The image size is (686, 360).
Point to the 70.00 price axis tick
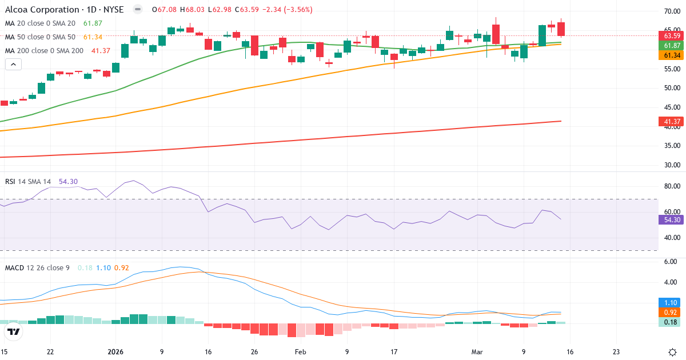point(672,11)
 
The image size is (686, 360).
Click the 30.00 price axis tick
point(672,165)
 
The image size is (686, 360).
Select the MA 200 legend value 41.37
point(101,51)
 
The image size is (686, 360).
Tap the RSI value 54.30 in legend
point(68,182)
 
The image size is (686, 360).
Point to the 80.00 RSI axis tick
point(672,186)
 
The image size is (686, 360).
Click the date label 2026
point(115,351)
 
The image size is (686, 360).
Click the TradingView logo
point(14,331)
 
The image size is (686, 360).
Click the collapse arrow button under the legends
point(13,65)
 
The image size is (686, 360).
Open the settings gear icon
point(672,351)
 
